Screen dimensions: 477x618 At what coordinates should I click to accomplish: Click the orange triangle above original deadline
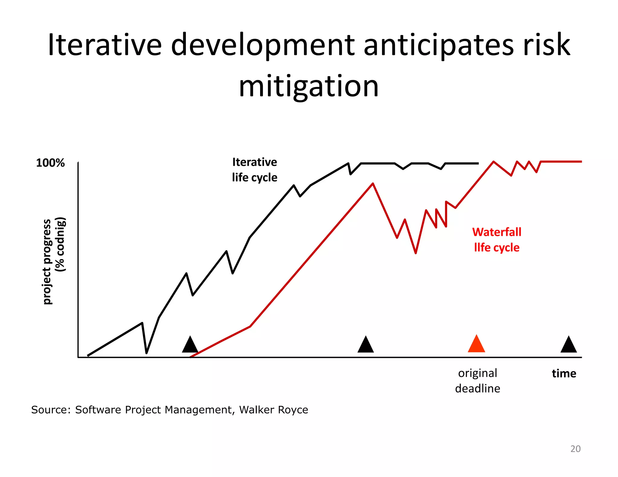[476, 345]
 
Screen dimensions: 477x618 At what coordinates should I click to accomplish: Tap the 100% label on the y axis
[50, 163]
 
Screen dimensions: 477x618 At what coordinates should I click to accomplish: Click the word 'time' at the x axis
[564, 374]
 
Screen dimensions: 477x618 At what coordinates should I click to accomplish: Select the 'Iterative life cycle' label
[254, 170]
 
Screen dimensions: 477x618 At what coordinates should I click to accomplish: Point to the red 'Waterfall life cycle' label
[497, 240]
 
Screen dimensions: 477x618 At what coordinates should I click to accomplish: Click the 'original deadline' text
[477, 381]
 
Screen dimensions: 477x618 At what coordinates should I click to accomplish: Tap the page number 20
[575, 449]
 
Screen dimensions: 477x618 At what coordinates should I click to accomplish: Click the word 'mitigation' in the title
[308, 86]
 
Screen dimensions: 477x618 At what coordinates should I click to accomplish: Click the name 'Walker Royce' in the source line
[273, 410]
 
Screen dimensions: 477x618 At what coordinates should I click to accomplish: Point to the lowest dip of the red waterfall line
[416, 253]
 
